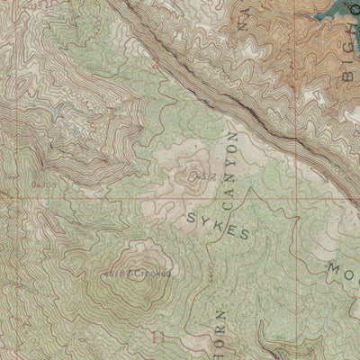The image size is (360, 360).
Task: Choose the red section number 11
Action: point(158,338)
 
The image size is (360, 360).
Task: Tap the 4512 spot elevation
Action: point(203,176)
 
